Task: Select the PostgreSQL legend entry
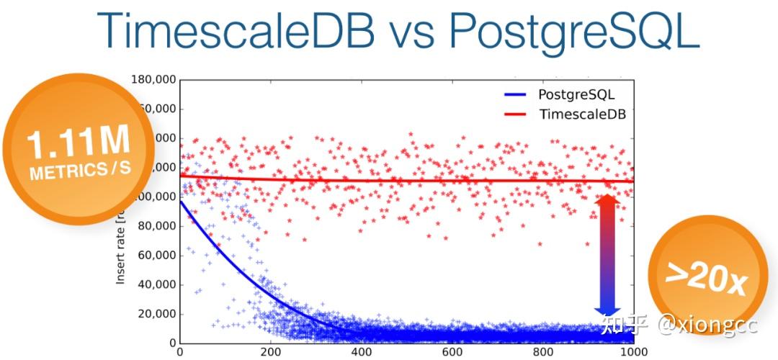(x=576, y=94)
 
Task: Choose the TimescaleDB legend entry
(x=582, y=114)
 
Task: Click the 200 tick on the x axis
(x=271, y=353)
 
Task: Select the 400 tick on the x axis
(x=362, y=353)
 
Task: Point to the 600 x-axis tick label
(x=452, y=353)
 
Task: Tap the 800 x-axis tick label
(x=543, y=353)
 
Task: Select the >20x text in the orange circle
(x=706, y=278)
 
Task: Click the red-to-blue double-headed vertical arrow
(x=606, y=256)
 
